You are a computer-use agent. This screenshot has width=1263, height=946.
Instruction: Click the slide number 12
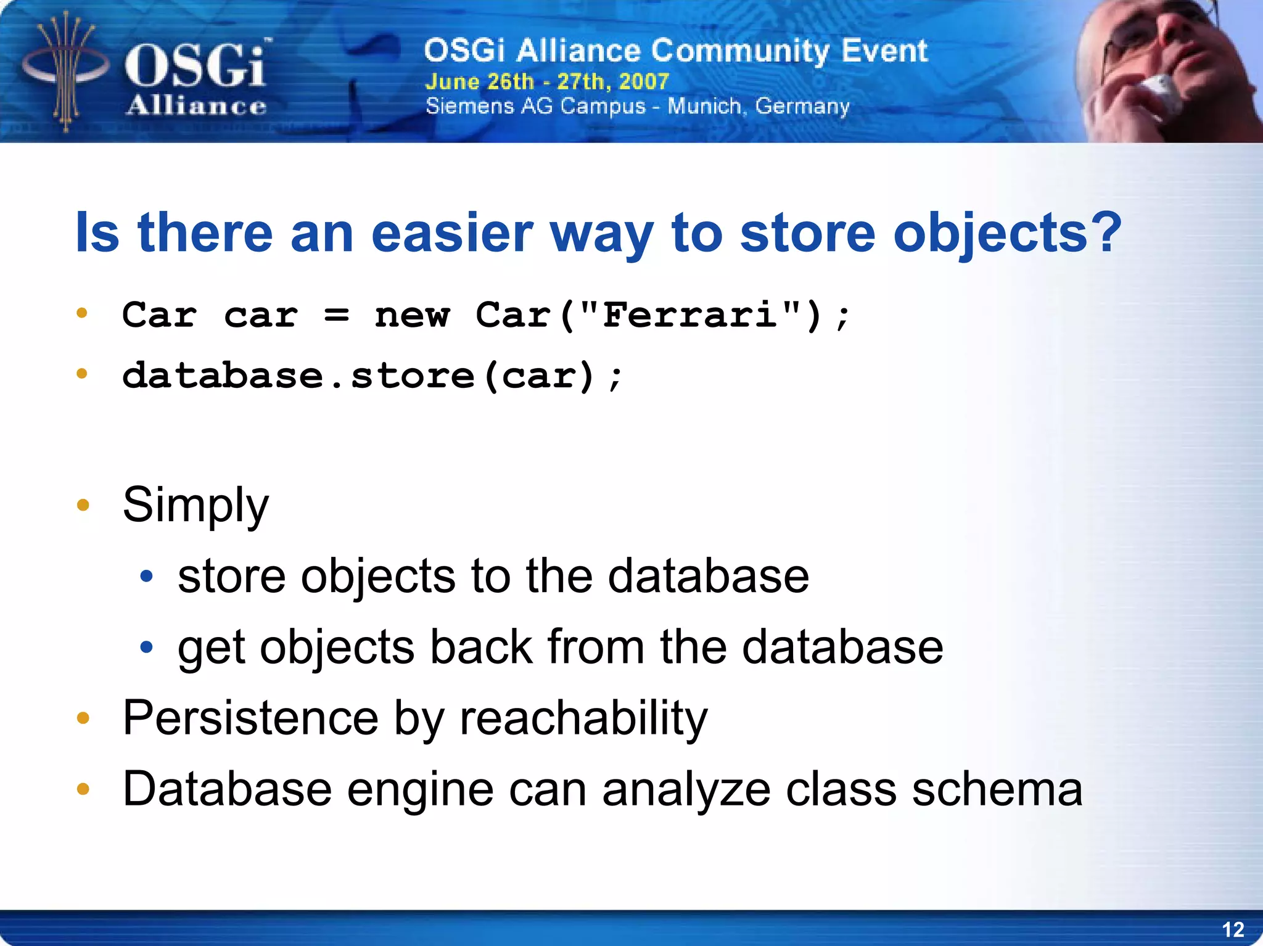tap(1233, 929)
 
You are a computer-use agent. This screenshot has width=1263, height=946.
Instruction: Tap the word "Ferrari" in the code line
tap(689, 315)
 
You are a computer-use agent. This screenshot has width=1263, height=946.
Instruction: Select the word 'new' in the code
tap(412, 316)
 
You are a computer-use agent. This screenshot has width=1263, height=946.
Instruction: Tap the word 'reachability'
tap(583, 718)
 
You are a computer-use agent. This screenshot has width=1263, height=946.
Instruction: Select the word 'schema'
tap(997, 789)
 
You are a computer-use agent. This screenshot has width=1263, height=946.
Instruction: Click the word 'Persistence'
tap(250, 718)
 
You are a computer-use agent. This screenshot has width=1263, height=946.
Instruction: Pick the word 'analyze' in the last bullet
tap(686, 789)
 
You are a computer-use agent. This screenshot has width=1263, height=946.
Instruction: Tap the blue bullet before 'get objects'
tap(146, 648)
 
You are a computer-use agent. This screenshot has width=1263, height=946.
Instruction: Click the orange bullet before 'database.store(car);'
tap(82, 374)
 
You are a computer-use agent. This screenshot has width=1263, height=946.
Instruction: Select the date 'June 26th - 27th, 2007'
tap(547, 81)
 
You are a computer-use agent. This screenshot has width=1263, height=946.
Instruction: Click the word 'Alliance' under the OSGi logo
tap(196, 106)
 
